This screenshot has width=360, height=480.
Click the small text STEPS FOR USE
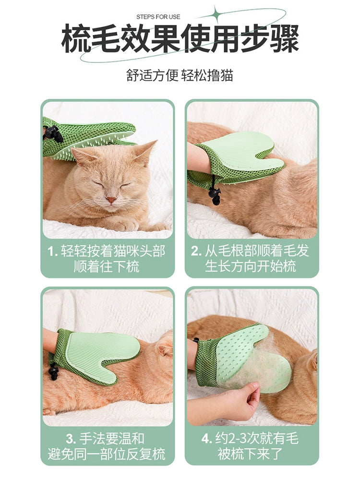pyautogui.click(x=158, y=17)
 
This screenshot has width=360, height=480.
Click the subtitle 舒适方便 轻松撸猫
pyautogui.click(x=180, y=75)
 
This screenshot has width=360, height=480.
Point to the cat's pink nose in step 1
pyautogui.click(x=111, y=200)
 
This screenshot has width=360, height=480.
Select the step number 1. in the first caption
pyautogui.click(x=53, y=252)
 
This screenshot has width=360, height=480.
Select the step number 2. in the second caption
pyautogui.click(x=196, y=252)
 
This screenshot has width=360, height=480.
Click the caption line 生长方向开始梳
pyautogui.click(x=251, y=266)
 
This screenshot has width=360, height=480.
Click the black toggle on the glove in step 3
pyautogui.click(x=53, y=372)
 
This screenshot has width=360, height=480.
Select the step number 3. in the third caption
pyautogui.click(x=71, y=439)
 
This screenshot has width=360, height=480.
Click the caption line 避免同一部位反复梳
pyautogui.click(x=106, y=454)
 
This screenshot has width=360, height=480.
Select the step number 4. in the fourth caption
pyautogui.click(x=206, y=439)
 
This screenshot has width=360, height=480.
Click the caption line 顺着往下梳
pyautogui.click(x=106, y=266)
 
